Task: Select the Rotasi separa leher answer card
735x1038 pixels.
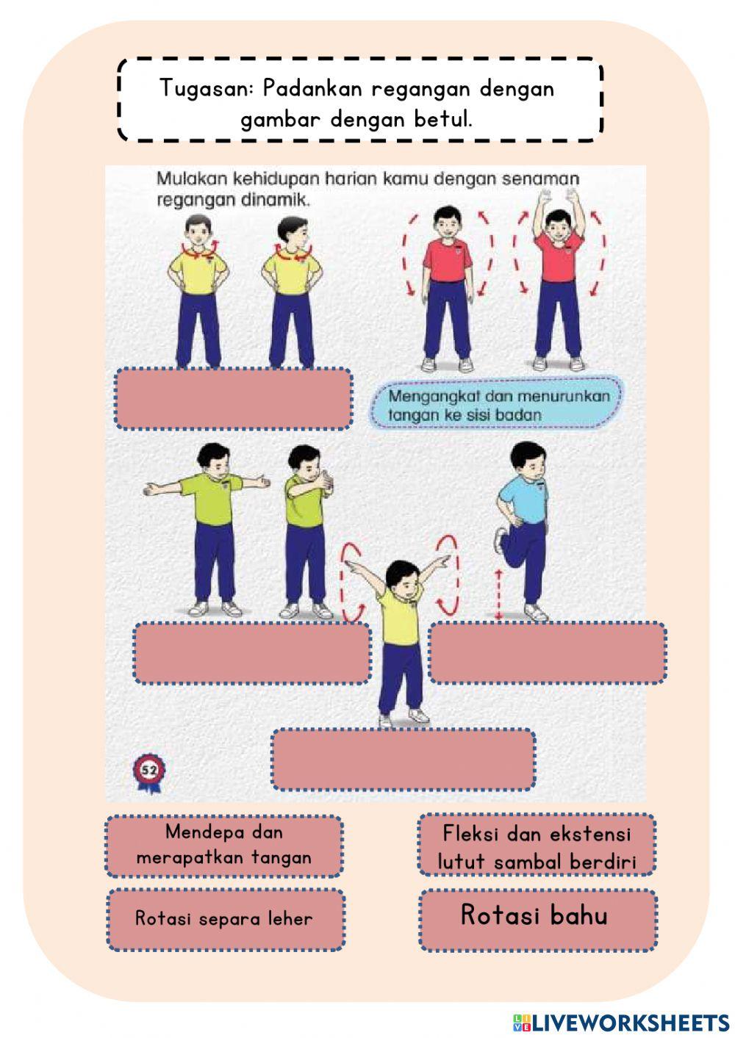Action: (x=225, y=919)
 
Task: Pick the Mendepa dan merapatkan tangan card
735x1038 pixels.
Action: (x=223, y=846)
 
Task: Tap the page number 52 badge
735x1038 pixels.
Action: (x=149, y=771)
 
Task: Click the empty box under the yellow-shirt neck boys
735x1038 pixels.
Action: (x=233, y=398)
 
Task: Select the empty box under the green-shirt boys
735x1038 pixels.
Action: (x=252, y=653)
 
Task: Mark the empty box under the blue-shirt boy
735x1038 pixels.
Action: (x=548, y=653)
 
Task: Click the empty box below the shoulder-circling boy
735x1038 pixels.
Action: (x=403, y=759)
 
